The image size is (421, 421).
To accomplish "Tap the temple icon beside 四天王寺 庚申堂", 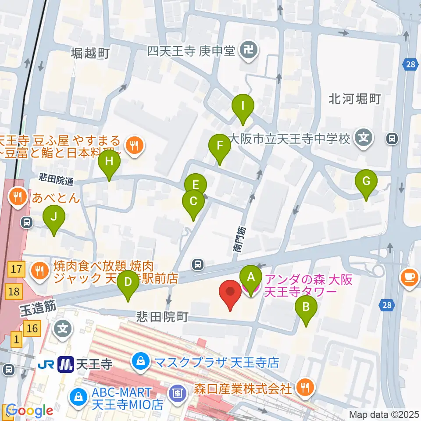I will (x=249, y=52).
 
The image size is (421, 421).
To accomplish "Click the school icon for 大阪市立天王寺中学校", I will (x=364, y=139).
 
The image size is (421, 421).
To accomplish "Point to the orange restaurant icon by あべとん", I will (x=18, y=196).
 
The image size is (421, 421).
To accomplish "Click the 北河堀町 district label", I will (x=355, y=99).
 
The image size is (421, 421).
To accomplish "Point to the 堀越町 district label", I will (x=91, y=54).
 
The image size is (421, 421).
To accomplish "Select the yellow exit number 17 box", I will (x=16, y=269).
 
